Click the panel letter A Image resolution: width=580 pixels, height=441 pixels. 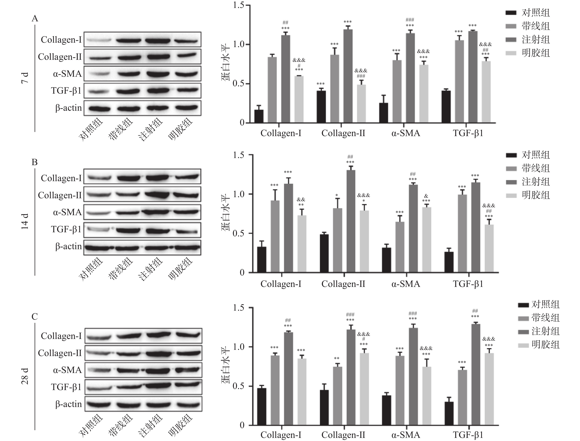[35, 19]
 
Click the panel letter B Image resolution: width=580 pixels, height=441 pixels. [35, 162]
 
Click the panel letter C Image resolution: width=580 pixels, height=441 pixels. [35, 316]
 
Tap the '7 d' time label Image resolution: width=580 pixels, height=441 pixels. [25, 78]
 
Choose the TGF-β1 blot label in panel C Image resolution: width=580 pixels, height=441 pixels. [66, 387]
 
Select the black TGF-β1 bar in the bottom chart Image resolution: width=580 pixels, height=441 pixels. [449, 413]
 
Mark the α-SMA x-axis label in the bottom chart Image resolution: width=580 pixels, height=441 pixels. [406, 435]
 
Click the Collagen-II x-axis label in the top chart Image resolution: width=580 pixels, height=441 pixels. [343, 133]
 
